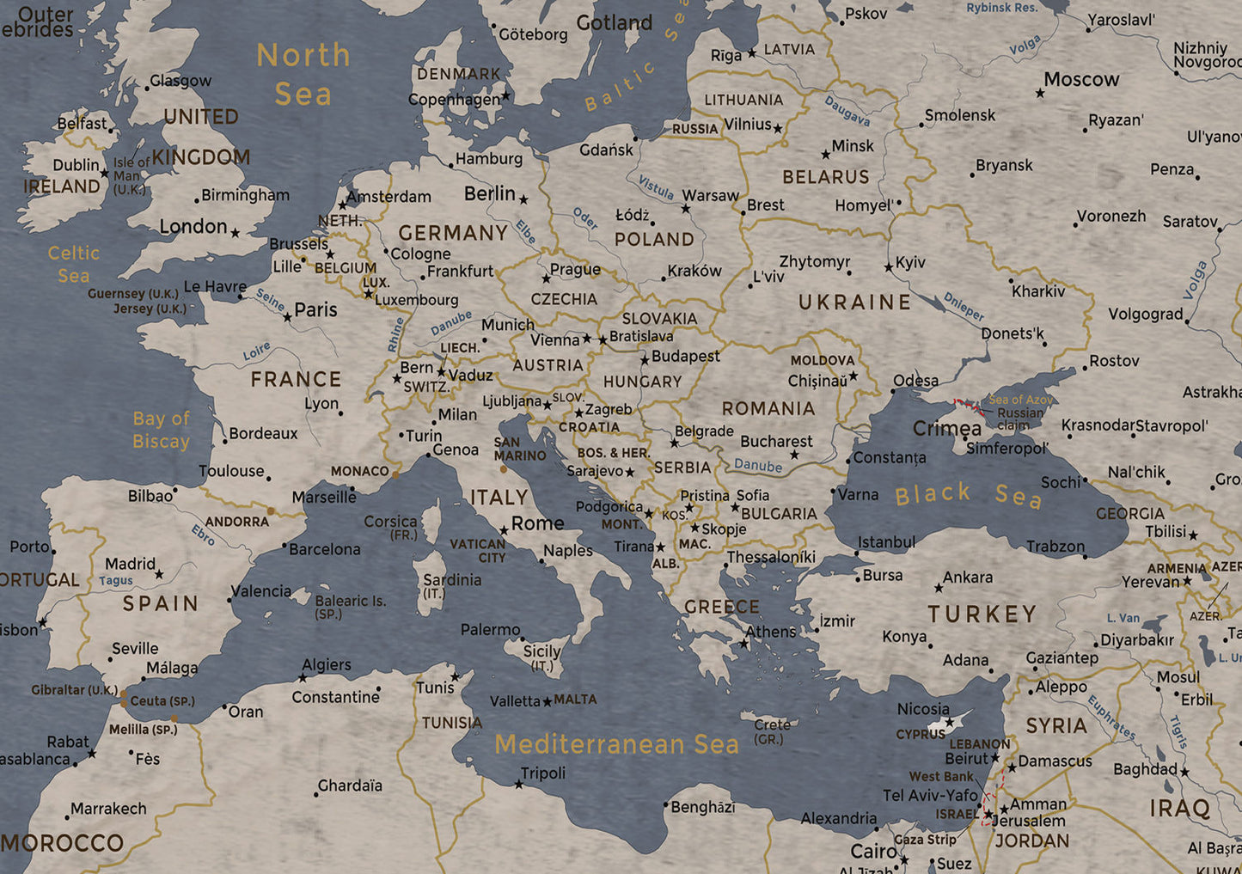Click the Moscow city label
pyautogui.click(x=1081, y=80)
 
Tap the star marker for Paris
pyautogui.click(x=287, y=317)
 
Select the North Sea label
pyautogui.click(x=303, y=75)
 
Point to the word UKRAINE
pyautogui.click(x=854, y=303)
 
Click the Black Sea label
pyautogui.click(x=968, y=495)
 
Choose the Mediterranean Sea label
pyautogui.click(x=616, y=744)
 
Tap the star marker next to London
pyautogui.click(x=235, y=233)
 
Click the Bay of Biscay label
pyautogui.click(x=161, y=430)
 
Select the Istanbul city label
pyautogui.click(x=886, y=542)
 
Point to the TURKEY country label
pyautogui.click(x=982, y=614)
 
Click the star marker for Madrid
pyautogui.click(x=159, y=574)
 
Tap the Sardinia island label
pyautogui.click(x=451, y=581)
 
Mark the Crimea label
pyautogui.click(x=946, y=428)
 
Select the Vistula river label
pyautogui.click(x=656, y=186)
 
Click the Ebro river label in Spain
pyautogui.click(x=203, y=534)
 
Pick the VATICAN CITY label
pyautogui.click(x=477, y=551)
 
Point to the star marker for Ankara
pyautogui.click(x=938, y=589)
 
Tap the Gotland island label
pyautogui.click(x=614, y=23)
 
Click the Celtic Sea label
pyautogui.click(x=73, y=264)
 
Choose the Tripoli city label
pyautogui.click(x=543, y=773)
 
